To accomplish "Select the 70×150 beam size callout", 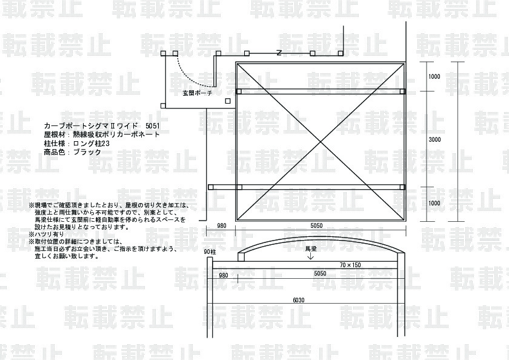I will pyautogui.click(x=350, y=265).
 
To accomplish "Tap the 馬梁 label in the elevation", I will pyautogui.click(x=311, y=248).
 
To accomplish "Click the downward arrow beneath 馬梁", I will pyautogui.click(x=311, y=257).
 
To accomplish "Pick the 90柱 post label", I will pyautogui.click(x=210, y=252).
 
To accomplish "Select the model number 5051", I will pyautogui.click(x=154, y=124).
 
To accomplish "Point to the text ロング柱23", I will pyautogui.click(x=91, y=144).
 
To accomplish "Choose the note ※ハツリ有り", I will pyautogui.click(x=47, y=233).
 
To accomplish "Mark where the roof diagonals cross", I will pyautogui.click(x=321, y=142).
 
